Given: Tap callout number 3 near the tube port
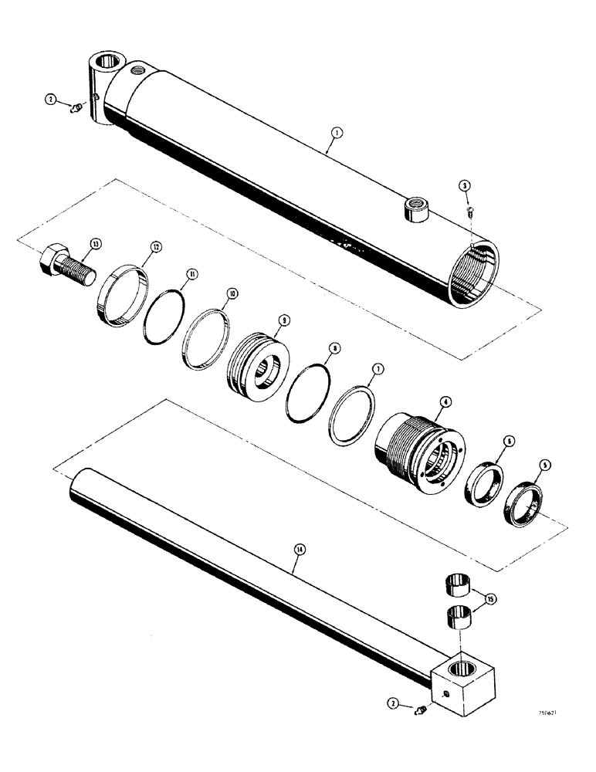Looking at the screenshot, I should tap(464, 185).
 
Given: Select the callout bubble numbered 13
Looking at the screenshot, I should tap(95, 244).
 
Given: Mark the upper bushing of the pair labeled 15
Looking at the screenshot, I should tap(459, 584).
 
